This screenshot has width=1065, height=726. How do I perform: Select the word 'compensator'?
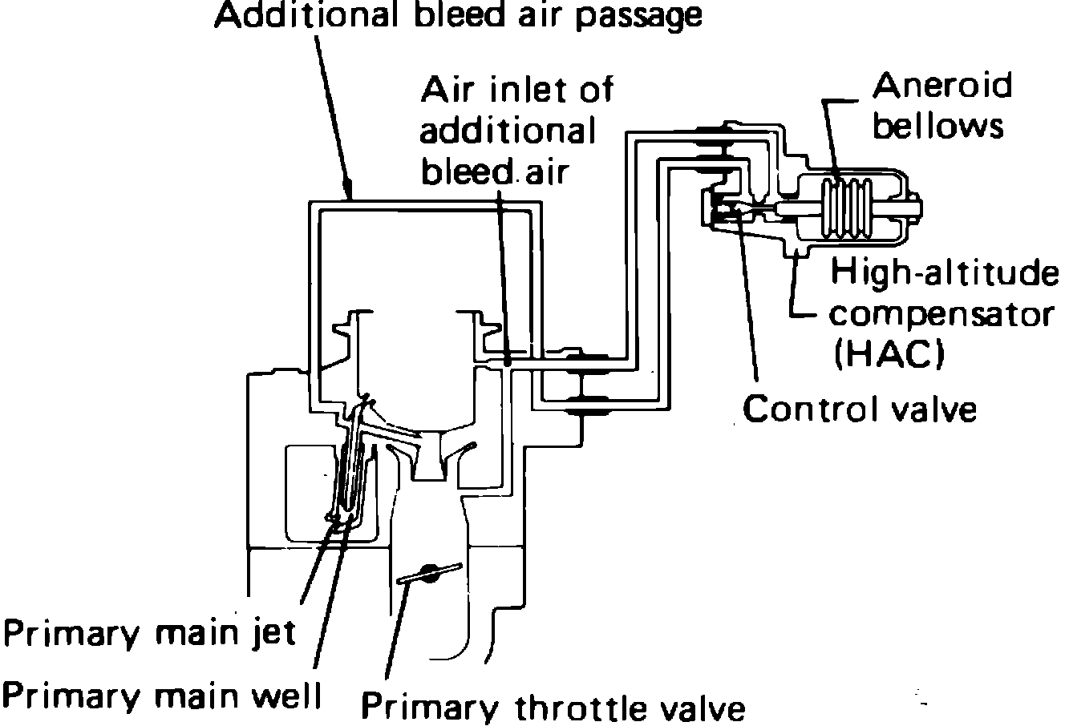940,314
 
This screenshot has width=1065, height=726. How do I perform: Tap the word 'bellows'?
937,126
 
